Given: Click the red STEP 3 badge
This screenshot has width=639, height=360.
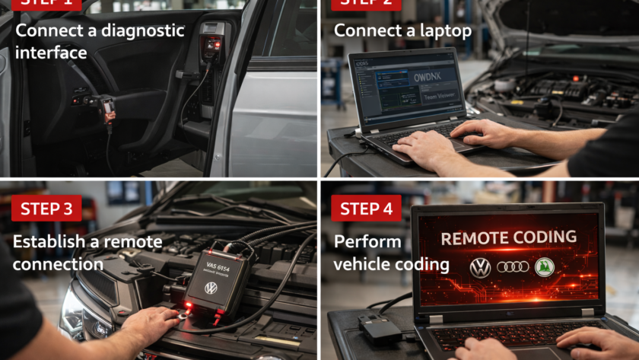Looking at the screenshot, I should pos(46,209).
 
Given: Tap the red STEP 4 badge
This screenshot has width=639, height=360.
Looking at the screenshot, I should pos(366,209).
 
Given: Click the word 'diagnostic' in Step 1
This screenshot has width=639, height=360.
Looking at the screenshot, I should pos(143,31).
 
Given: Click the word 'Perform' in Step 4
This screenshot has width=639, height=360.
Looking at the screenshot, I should pos(367,242).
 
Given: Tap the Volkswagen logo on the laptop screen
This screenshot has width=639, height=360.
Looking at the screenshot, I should pos(480,267).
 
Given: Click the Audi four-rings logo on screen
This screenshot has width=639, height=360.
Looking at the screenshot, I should pos(512,267).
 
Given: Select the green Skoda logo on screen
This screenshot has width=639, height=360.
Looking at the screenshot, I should pos(544,267).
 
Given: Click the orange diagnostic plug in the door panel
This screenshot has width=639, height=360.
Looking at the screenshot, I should pos(106,109).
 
